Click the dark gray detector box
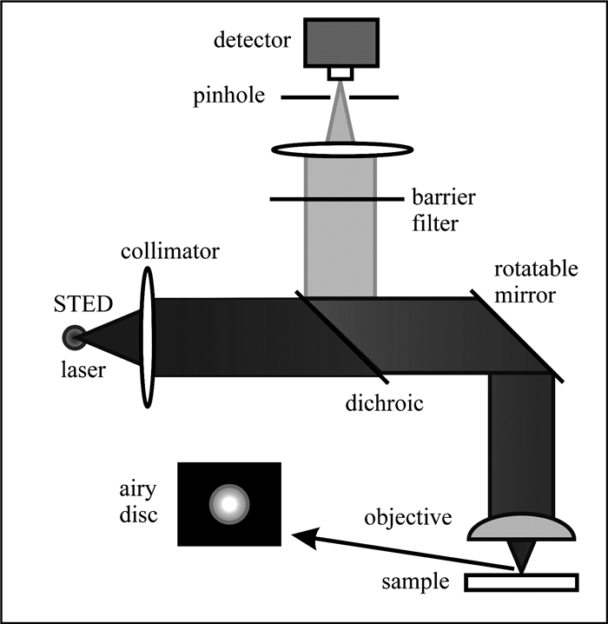[x=341, y=43]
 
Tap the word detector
[x=252, y=40]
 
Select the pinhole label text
[x=228, y=96]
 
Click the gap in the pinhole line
[x=340, y=97]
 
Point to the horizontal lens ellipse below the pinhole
[x=342, y=150]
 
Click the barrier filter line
[x=337, y=198]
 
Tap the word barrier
[x=443, y=197]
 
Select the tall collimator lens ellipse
[x=148, y=337]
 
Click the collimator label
[x=170, y=251]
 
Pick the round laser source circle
[x=74, y=337]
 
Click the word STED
[x=83, y=304]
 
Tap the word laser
[x=83, y=369]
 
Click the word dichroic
[x=384, y=403]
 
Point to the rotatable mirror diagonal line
[x=517, y=336]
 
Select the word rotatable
[x=536, y=269]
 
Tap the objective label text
[x=408, y=518]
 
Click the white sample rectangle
[x=521, y=582]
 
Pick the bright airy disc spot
[x=229, y=504]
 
